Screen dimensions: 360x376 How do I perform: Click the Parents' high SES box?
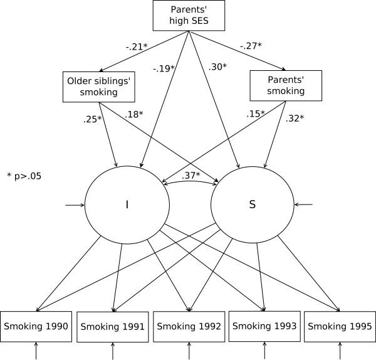click(x=188, y=14)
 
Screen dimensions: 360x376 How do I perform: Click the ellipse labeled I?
click(x=127, y=204)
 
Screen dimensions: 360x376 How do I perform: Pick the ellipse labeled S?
click(x=253, y=204)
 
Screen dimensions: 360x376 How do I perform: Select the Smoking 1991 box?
click(x=112, y=327)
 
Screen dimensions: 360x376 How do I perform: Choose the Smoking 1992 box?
click(x=188, y=326)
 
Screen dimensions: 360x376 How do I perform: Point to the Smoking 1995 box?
click(x=340, y=326)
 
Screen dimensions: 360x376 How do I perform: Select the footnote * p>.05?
click(x=24, y=176)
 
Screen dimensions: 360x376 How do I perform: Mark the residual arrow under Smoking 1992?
click(x=189, y=351)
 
